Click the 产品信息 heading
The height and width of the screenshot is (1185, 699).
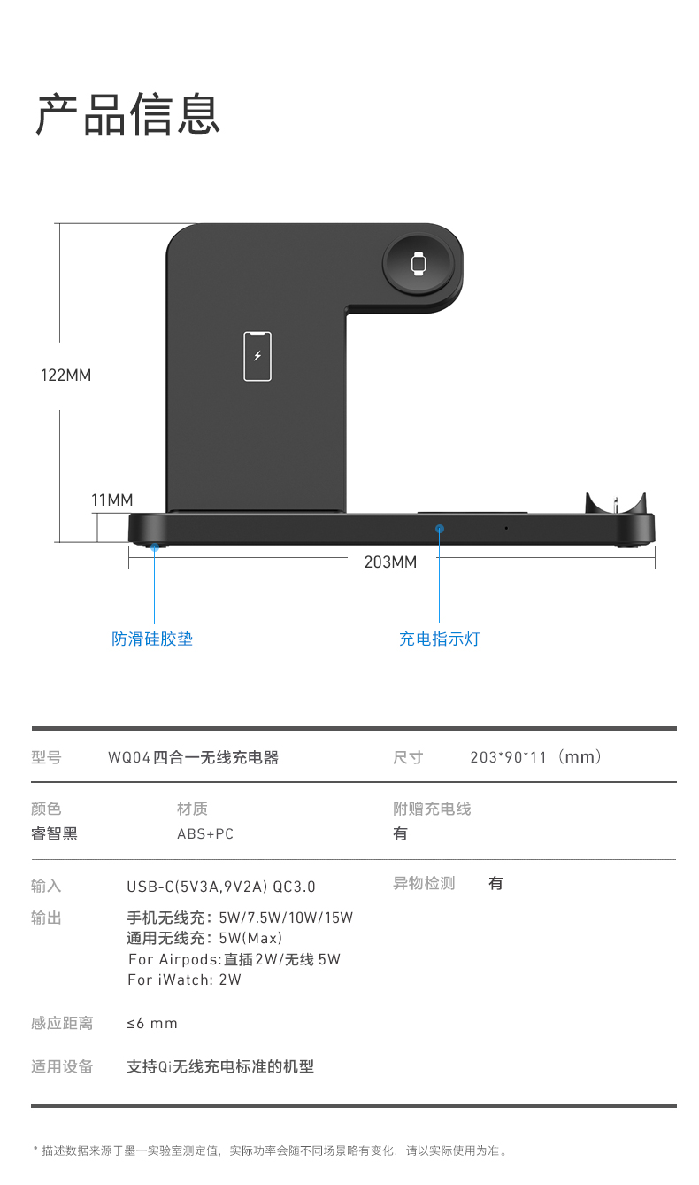(x=128, y=113)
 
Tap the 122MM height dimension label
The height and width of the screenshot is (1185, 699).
(x=66, y=376)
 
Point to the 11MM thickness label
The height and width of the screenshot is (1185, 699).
(x=112, y=500)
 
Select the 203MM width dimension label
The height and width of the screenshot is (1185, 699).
(x=390, y=562)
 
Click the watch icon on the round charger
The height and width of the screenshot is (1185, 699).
(x=419, y=263)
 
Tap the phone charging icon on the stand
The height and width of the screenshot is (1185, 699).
(x=257, y=356)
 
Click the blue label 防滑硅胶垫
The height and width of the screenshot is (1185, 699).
(x=152, y=639)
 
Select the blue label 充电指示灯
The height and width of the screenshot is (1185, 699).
(x=440, y=639)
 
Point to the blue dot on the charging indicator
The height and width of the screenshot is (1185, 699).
(x=439, y=529)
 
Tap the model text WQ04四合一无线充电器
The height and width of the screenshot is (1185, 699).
(x=194, y=757)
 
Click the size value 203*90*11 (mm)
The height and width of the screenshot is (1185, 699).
(x=535, y=757)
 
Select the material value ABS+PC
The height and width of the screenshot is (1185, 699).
(x=205, y=833)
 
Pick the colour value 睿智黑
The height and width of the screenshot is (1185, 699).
(x=55, y=833)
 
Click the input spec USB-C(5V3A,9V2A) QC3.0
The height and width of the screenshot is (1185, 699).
(x=221, y=887)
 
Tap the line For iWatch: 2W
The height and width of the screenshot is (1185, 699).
(x=184, y=980)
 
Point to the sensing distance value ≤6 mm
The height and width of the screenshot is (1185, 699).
(x=152, y=1023)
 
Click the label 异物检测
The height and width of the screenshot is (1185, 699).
(x=424, y=883)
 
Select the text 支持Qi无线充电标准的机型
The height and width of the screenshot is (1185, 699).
(x=220, y=1066)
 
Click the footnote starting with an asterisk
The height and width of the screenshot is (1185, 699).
(x=270, y=1150)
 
